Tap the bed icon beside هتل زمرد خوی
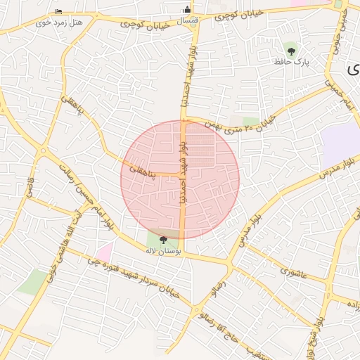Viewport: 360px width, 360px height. click(x=58, y=12)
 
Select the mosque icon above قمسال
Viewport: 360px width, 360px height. click(x=187, y=9)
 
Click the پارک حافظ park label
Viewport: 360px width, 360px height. click(x=292, y=62)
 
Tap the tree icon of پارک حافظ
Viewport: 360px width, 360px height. click(x=291, y=49)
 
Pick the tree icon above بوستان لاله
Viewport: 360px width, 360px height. click(x=164, y=240)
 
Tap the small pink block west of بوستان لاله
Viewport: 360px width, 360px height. click(x=105, y=250)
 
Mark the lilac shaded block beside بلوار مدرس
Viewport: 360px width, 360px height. click(x=341, y=139)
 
